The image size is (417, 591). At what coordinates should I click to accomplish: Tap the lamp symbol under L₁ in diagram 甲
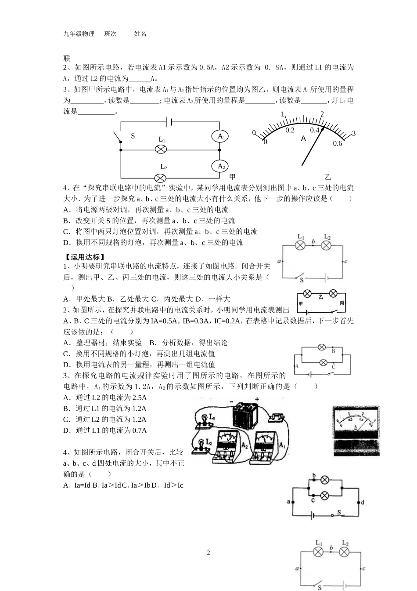pos(162,149)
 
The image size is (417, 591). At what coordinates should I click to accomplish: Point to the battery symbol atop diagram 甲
pos(169,121)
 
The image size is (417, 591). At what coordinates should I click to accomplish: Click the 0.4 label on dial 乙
pos(314,130)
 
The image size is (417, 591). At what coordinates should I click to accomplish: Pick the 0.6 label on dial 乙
pos(337,143)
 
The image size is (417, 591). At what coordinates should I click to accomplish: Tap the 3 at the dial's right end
pos(353,133)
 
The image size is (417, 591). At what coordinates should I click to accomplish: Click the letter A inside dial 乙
pos(303,139)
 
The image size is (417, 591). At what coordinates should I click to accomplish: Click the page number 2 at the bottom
pos(208,552)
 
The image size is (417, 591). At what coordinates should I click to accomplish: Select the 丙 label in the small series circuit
pos(342,303)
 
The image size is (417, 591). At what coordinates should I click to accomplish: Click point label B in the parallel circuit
pos(333,351)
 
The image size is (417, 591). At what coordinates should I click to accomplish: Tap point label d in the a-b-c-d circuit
pos(363,502)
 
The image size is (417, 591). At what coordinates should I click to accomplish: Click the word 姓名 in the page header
pos(140,34)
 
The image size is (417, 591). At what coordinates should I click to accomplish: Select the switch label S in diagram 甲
pos(133,136)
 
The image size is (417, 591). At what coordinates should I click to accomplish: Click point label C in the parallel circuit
pos(334,366)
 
